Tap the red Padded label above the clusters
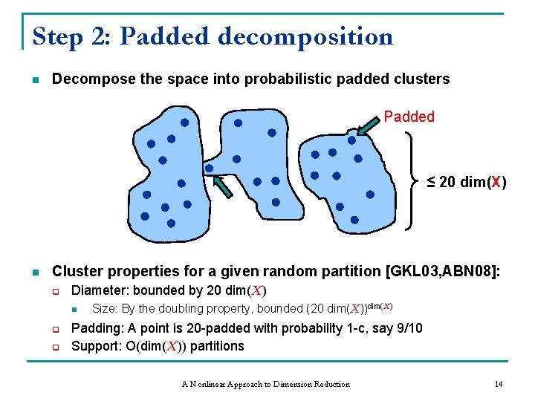tap(409, 117)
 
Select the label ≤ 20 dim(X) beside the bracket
tap(467, 183)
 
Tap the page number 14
tap(499, 383)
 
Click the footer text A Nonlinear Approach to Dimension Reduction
tap(265, 383)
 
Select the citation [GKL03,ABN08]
tap(444, 271)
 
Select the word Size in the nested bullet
tap(104, 308)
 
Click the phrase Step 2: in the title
tap(71, 36)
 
